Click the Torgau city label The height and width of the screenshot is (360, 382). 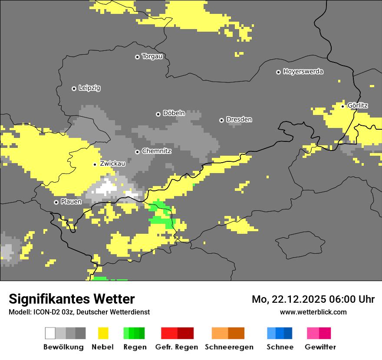[152, 56]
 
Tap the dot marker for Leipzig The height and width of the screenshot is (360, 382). [74, 88]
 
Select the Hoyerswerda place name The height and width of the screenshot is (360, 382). [303, 72]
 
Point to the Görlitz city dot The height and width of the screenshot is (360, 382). [342, 106]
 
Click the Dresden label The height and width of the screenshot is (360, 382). [239, 119]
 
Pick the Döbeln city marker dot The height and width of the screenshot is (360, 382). [158, 114]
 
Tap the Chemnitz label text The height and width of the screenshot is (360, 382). [156, 151]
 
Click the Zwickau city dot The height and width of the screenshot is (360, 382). [95, 164]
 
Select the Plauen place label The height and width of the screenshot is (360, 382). [71, 202]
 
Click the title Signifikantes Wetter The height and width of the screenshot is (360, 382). [72, 299]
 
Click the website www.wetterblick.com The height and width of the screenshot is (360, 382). [313, 312]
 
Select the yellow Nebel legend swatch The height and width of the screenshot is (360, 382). [103, 333]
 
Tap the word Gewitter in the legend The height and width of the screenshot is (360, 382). [320, 347]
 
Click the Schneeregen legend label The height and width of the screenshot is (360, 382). [229, 347]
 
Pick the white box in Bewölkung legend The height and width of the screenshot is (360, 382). [50, 333]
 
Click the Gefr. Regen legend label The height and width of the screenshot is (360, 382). [176, 347]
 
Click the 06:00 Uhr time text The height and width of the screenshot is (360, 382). [351, 299]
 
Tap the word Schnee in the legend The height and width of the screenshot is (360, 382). [280, 347]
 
